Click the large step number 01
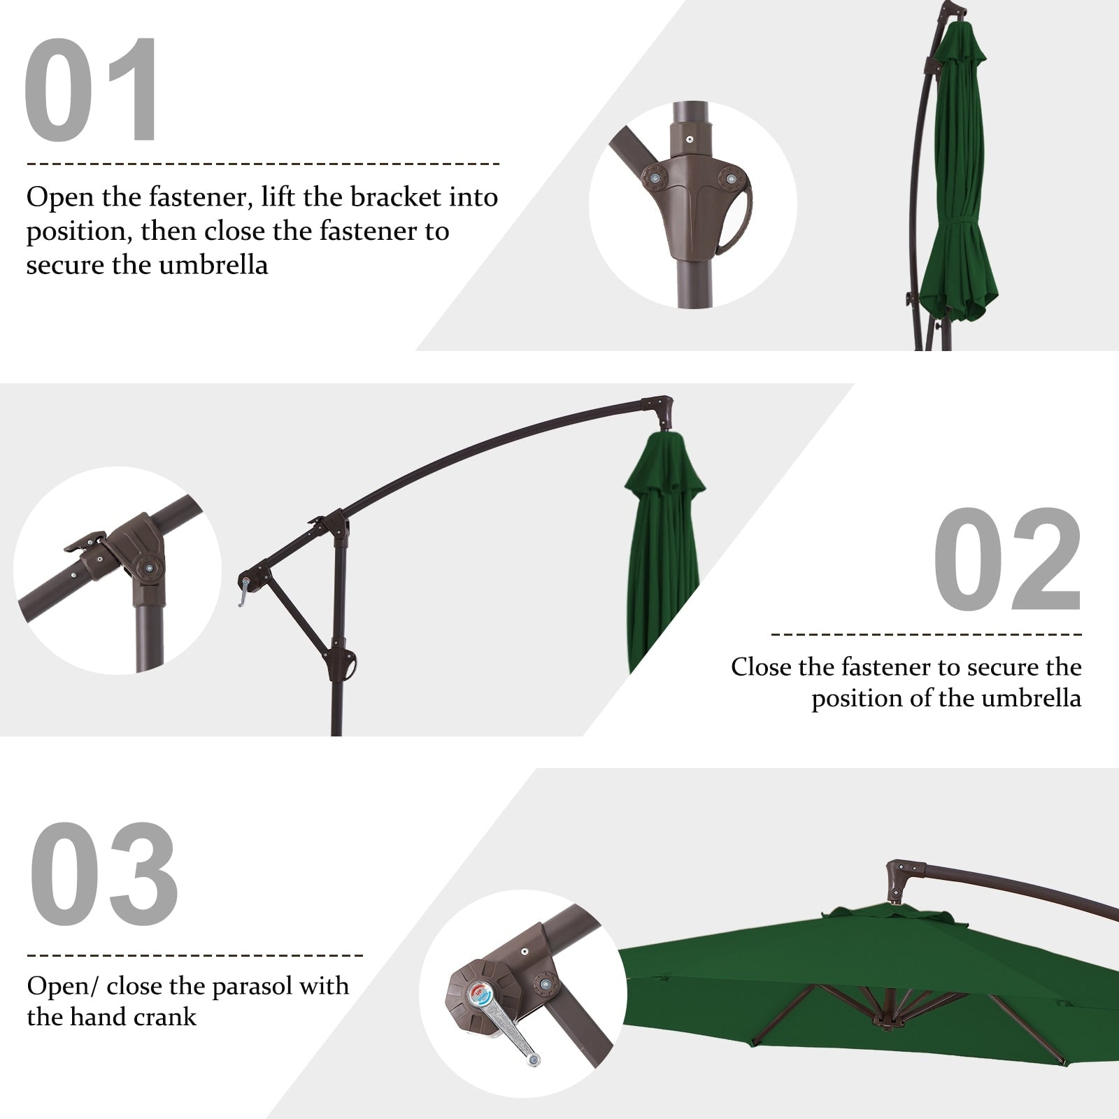pyautogui.click(x=92, y=91)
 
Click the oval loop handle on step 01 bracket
pyautogui.click(x=734, y=217)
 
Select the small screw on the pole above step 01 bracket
pyautogui.click(x=690, y=139)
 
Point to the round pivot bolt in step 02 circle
pyautogui.click(x=148, y=568)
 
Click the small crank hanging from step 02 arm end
pyautogui.click(x=243, y=594)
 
